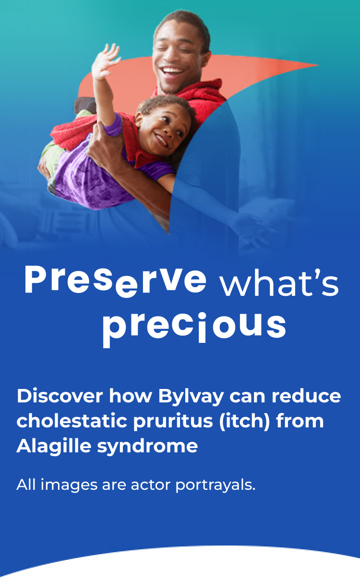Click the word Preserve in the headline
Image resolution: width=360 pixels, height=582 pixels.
(x=115, y=281)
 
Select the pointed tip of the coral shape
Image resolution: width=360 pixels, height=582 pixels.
(x=317, y=65)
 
